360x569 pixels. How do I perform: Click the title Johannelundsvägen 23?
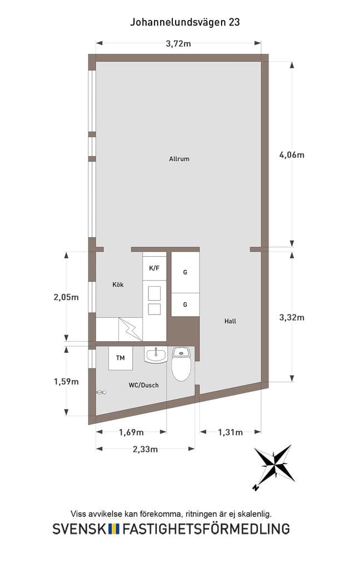[184, 22]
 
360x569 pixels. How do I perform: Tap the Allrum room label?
[179, 159]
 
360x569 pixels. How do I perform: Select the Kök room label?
[118, 285]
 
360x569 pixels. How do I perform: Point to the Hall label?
[230, 321]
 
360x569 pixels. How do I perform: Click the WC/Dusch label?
[144, 385]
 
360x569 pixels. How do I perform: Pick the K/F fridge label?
[154, 268]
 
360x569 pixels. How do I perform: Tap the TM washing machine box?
[121, 358]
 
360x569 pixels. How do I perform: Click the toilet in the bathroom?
[182, 364]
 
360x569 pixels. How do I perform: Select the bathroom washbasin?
[156, 355]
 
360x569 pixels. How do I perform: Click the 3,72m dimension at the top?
[178, 43]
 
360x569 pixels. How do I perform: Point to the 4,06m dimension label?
[292, 155]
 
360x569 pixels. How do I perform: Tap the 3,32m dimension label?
[292, 317]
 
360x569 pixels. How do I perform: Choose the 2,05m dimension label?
[66, 297]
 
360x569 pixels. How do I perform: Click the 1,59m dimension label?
[66, 381]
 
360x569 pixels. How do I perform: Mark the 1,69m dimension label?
[131, 432]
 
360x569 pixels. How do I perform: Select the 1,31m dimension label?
[231, 432]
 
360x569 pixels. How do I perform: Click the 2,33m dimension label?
[145, 449]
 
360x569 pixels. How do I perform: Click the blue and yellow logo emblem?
[114, 529]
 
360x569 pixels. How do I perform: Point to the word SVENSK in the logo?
[80, 529]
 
